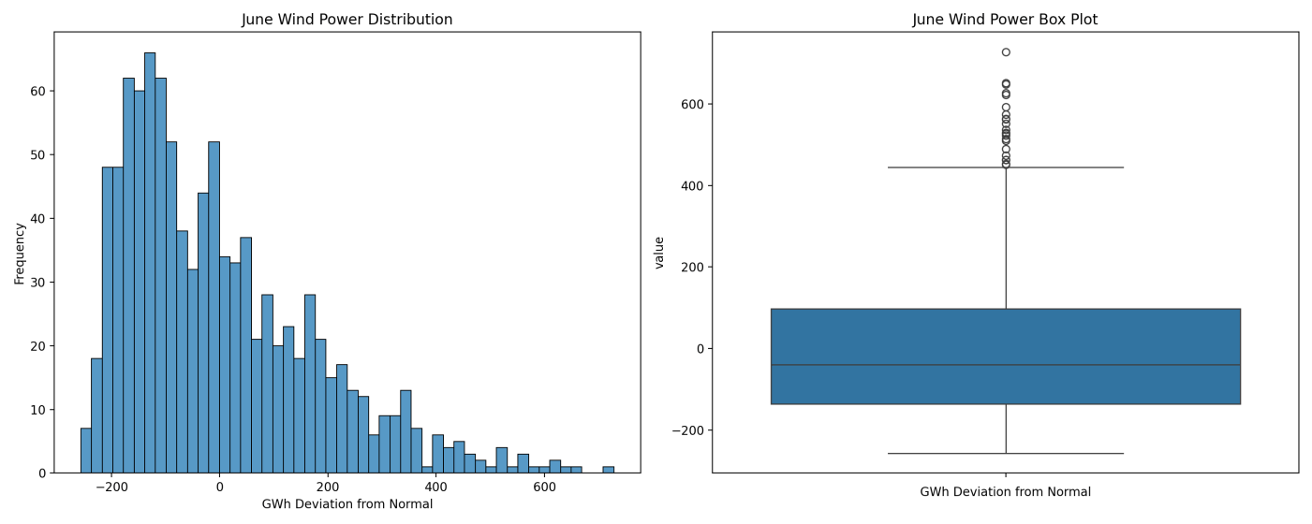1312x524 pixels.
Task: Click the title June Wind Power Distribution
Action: click(x=346, y=20)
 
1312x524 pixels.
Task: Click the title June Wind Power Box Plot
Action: click(x=1005, y=20)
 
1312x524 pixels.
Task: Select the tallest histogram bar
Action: click(x=150, y=263)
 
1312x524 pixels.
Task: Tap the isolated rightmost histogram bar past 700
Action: click(x=609, y=470)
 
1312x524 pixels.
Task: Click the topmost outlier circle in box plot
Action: click(x=1006, y=52)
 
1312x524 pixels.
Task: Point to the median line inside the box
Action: click(x=1006, y=365)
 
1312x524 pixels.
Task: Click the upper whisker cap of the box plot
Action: click(x=1006, y=167)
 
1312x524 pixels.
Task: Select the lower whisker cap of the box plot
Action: click(x=1006, y=453)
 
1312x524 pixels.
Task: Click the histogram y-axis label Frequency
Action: click(x=20, y=254)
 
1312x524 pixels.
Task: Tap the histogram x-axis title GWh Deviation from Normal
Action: click(x=346, y=504)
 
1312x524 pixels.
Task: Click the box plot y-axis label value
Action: click(x=659, y=253)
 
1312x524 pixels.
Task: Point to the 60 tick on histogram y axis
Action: click(x=38, y=92)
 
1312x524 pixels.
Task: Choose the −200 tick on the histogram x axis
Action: click(x=111, y=488)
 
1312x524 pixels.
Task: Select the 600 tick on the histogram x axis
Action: click(x=544, y=488)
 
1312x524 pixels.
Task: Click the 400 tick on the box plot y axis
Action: click(x=693, y=185)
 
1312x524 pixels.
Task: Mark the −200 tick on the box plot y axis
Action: click(x=687, y=430)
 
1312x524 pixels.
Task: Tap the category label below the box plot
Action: click(x=1005, y=492)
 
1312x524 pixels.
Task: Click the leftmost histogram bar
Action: click(x=85, y=451)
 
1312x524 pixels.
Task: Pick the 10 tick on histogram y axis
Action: click(x=38, y=410)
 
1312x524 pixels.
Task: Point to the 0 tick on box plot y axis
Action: click(x=700, y=349)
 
